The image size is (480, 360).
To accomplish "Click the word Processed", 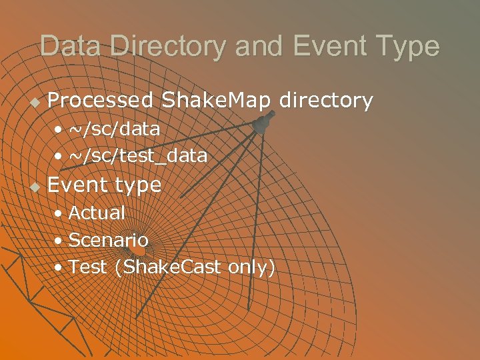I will (x=101, y=101).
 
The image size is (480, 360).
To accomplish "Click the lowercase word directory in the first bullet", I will (x=326, y=101).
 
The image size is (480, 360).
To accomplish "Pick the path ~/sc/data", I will (x=114, y=128).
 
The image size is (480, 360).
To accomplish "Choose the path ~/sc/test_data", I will (x=138, y=156).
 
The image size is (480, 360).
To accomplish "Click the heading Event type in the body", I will (x=105, y=185).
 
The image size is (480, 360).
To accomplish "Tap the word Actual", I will (x=97, y=213).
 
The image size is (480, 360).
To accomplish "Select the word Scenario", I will (x=109, y=239).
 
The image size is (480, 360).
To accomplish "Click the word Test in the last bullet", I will (x=88, y=267).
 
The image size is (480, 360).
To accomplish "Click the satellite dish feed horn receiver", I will (x=262, y=124).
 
